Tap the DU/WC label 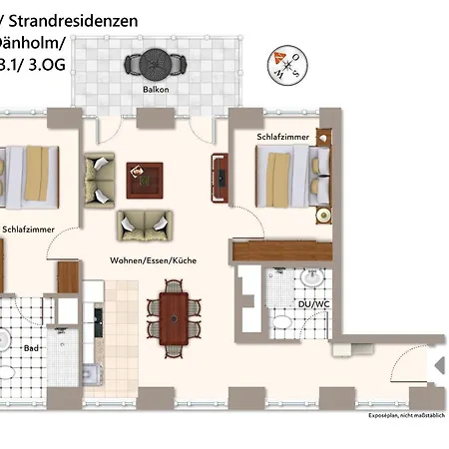point(312,303)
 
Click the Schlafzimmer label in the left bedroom point(28,228)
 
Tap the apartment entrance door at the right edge point(437,371)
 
